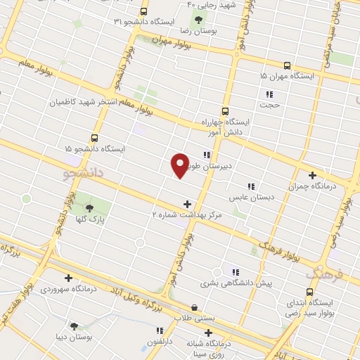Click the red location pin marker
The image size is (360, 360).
click(180, 165)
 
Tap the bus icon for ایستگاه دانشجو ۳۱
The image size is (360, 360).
click(143, 12)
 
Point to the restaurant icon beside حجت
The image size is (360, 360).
click(269, 94)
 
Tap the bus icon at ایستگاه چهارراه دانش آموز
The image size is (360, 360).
click(225, 110)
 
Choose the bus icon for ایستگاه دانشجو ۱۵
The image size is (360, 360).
click(95, 138)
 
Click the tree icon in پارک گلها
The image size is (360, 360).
click(89, 207)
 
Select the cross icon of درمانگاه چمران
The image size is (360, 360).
click(312, 175)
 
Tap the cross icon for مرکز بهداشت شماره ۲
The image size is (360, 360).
click(186, 203)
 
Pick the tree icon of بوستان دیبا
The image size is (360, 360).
click(74, 325)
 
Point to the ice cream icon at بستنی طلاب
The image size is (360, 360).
click(195, 307)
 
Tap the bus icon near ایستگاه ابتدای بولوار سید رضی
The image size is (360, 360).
click(310, 291)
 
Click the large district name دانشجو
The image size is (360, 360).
click(84, 171)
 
